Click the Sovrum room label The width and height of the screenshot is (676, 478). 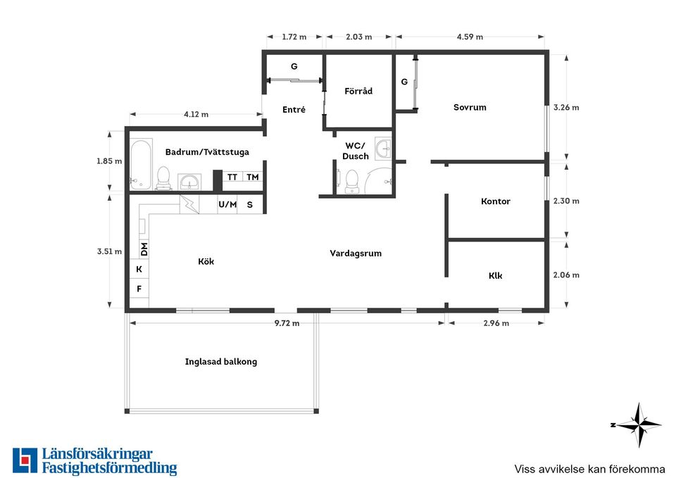[470, 107]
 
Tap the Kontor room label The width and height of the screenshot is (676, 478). [495, 201]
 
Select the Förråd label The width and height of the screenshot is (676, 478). [358, 91]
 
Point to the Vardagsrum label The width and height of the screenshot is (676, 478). [356, 253]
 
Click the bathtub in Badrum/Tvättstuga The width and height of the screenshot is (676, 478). [141, 164]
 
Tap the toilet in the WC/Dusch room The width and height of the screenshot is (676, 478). [352, 182]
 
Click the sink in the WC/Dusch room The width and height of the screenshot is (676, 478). [383, 149]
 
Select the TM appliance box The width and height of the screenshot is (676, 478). [253, 177]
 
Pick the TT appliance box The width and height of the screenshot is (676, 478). [232, 177]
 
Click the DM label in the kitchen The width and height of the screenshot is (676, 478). [144, 249]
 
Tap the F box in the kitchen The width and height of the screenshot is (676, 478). [139, 289]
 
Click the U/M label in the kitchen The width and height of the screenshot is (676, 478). [227, 204]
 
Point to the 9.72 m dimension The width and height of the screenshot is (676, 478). [287, 323]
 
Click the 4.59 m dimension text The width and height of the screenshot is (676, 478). [470, 37]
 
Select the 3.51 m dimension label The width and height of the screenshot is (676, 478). [110, 251]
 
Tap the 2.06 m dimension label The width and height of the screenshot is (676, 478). [566, 275]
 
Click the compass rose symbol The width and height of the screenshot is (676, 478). [639, 425]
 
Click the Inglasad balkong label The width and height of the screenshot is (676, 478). [221, 362]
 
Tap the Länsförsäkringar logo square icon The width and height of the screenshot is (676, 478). [25, 460]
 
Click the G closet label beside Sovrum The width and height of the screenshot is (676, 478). [404, 82]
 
